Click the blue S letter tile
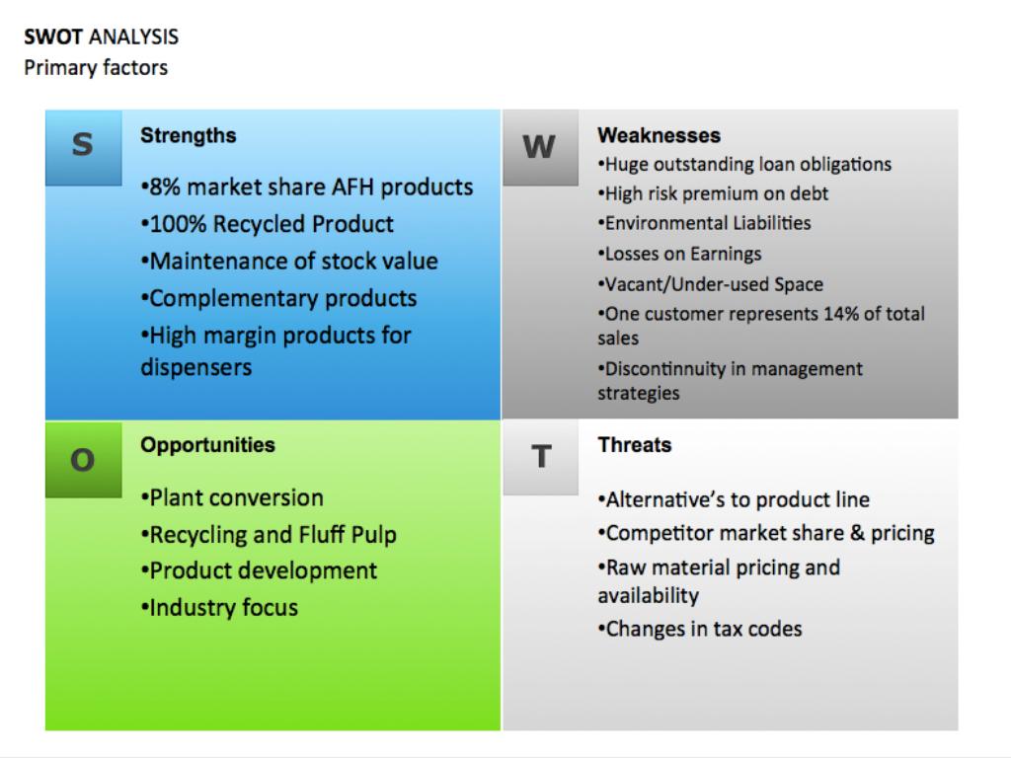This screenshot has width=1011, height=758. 83,148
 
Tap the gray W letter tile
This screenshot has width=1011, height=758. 540,148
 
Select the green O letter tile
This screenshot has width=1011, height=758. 83,460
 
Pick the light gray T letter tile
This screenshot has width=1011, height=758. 540,458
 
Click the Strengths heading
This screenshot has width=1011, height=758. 189,135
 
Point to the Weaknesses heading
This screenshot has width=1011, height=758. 659,135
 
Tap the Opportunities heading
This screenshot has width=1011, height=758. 207,445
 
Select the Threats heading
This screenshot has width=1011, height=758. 635,445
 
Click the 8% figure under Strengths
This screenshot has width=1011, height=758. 165,187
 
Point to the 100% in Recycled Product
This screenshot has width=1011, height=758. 178,224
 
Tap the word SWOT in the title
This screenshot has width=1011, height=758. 53,37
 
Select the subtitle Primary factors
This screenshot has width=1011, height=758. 96,68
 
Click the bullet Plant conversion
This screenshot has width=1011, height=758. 232,498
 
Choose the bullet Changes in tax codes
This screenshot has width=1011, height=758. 700,629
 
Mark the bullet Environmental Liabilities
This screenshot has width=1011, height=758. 705,223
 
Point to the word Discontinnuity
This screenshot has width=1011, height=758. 665,369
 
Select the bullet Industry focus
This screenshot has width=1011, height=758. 219,608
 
